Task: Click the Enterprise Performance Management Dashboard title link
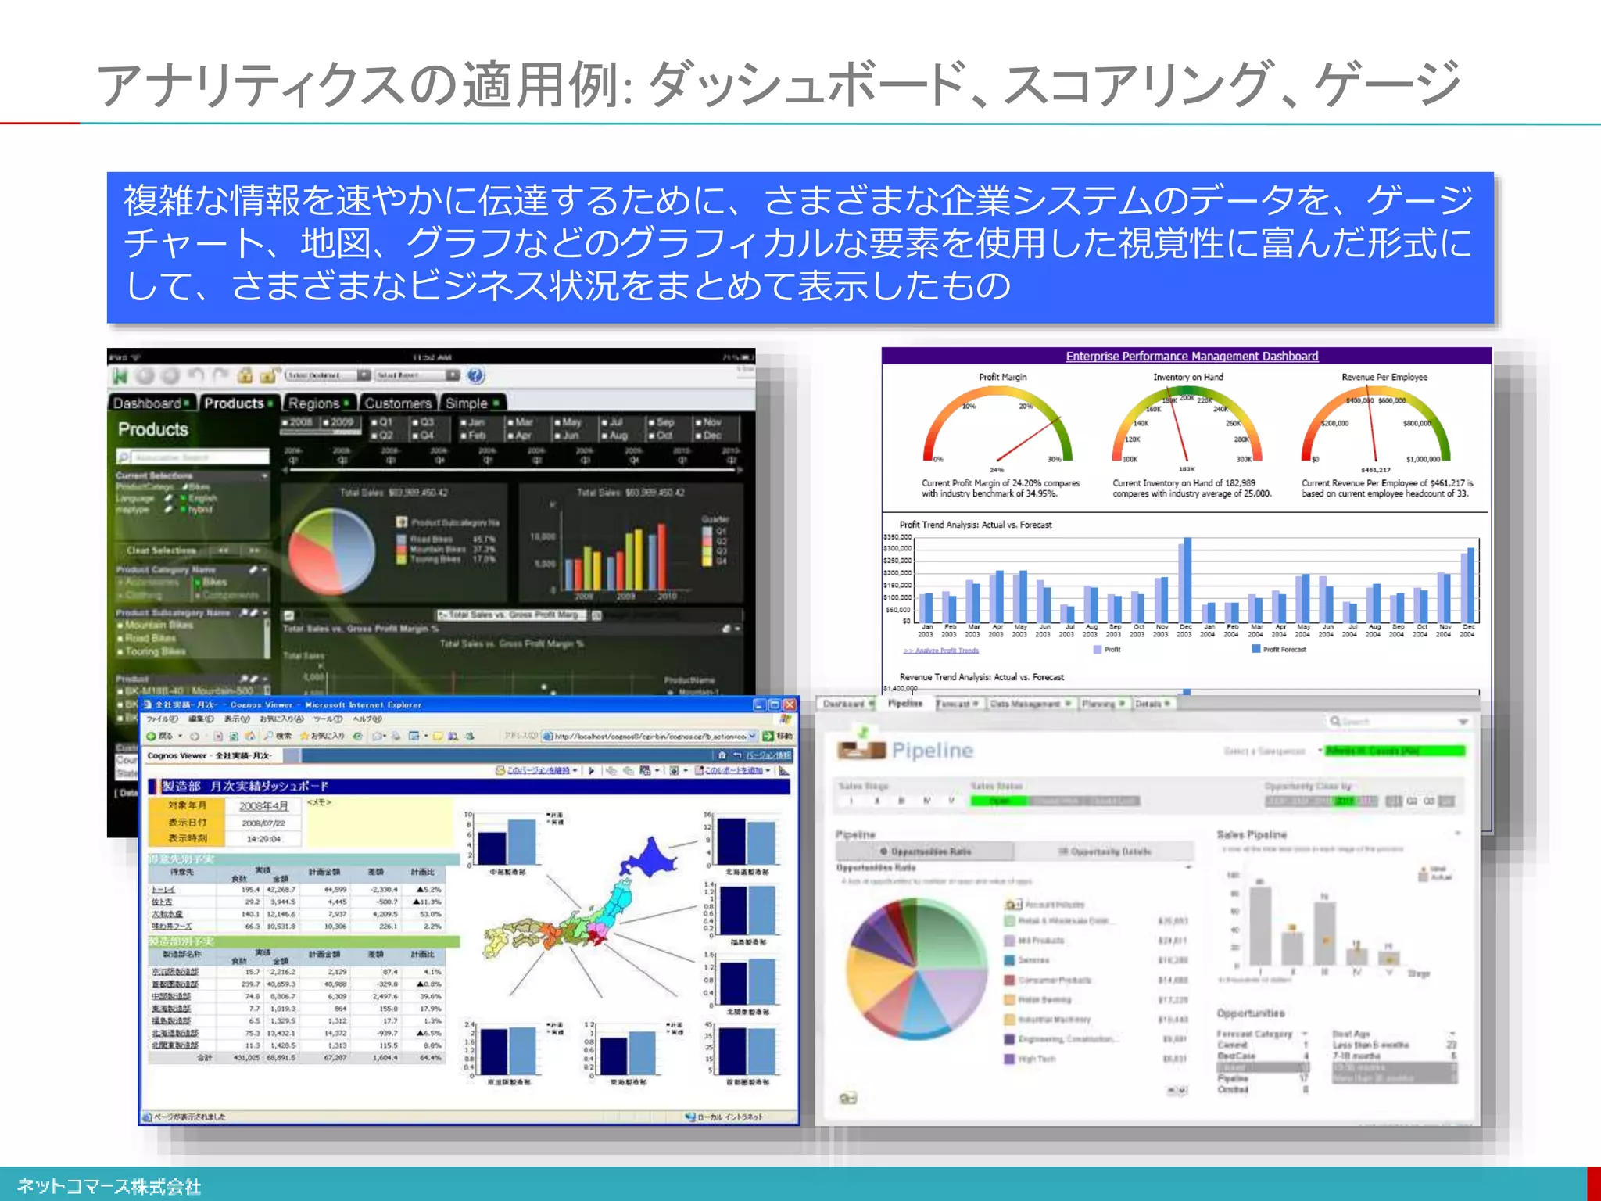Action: click(1191, 357)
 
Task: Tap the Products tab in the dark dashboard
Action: click(234, 403)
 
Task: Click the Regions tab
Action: click(313, 403)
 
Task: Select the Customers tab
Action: click(398, 403)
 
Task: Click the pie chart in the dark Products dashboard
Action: click(331, 550)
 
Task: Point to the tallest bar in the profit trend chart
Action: click(1187, 579)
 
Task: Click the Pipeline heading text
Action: click(932, 751)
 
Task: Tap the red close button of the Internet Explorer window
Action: click(790, 704)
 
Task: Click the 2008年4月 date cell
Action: click(263, 806)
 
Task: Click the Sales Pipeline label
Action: click(1251, 835)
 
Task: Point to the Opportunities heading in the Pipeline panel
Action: click(1250, 1013)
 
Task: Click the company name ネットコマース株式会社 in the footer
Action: click(109, 1186)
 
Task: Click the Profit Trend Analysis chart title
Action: click(975, 525)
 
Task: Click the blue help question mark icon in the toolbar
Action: click(476, 376)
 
